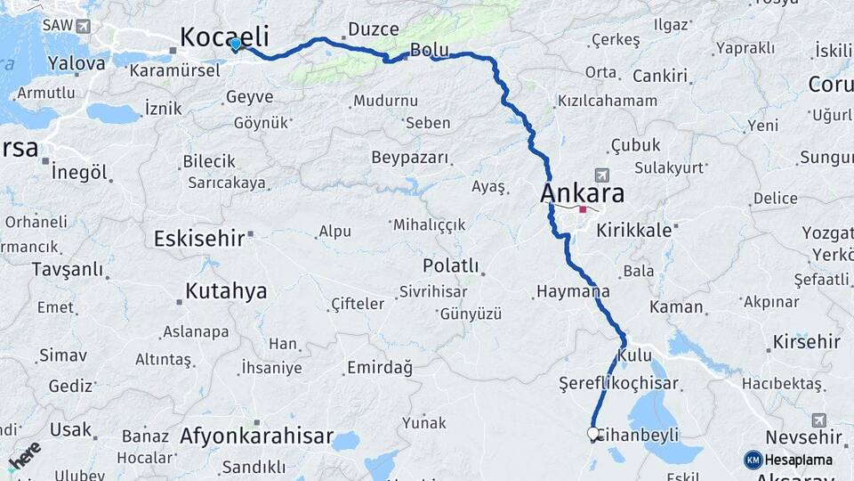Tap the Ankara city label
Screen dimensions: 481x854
tap(582, 193)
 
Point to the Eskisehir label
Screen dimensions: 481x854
tap(200, 239)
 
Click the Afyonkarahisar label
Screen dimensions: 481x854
tap(256, 437)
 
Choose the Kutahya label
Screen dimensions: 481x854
tap(226, 291)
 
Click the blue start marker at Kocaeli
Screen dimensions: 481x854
tap(235, 43)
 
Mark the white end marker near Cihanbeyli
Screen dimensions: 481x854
tap(593, 434)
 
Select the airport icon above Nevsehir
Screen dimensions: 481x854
tap(818, 420)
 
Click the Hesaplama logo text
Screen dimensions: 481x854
tap(798, 460)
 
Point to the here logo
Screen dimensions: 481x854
tap(25, 455)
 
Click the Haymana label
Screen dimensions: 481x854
tap(574, 291)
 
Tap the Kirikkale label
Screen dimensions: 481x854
tap(633, 230)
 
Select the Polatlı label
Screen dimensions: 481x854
tap(450, 266)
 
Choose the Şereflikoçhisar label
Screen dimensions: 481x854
tap(617, 384)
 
